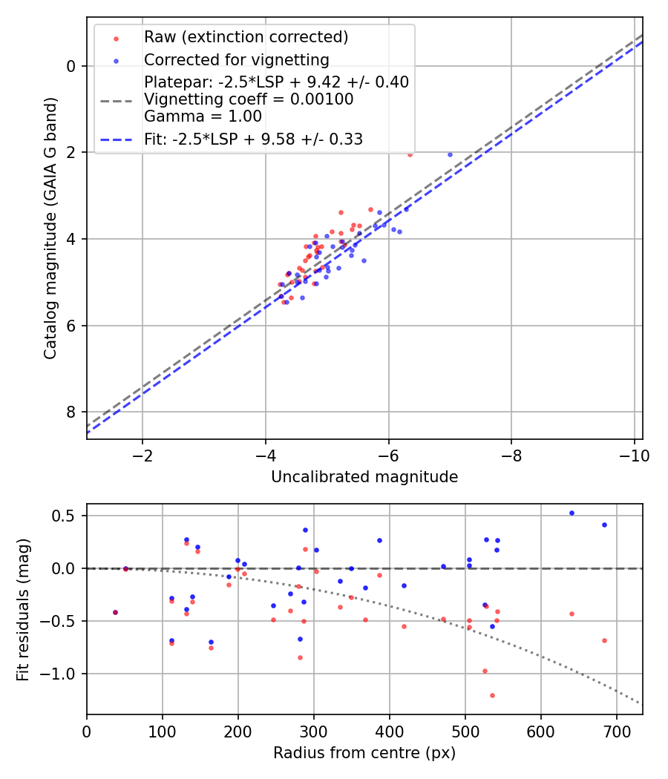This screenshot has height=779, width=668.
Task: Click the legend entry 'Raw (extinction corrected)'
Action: coord(246,36)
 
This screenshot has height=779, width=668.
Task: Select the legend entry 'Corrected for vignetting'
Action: coord(237,59)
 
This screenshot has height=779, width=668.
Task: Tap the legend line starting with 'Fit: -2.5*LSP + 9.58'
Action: coord(253,139)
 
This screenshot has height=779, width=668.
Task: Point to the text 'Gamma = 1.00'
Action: coord(203,116)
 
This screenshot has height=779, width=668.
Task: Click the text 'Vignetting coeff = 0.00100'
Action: coord(249,99)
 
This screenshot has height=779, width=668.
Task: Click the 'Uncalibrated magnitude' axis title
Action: coord(364,477)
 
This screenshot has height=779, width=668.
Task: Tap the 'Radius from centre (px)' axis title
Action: coord(364,753)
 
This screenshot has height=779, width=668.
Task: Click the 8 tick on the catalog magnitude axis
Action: coord(71,412)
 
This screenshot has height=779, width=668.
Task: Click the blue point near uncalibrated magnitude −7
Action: coord(450,154)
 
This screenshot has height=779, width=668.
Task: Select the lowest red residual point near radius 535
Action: coord(492,695)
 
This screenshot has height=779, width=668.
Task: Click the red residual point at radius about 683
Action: coord(604,640)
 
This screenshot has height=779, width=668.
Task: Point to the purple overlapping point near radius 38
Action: coord(115,612)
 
